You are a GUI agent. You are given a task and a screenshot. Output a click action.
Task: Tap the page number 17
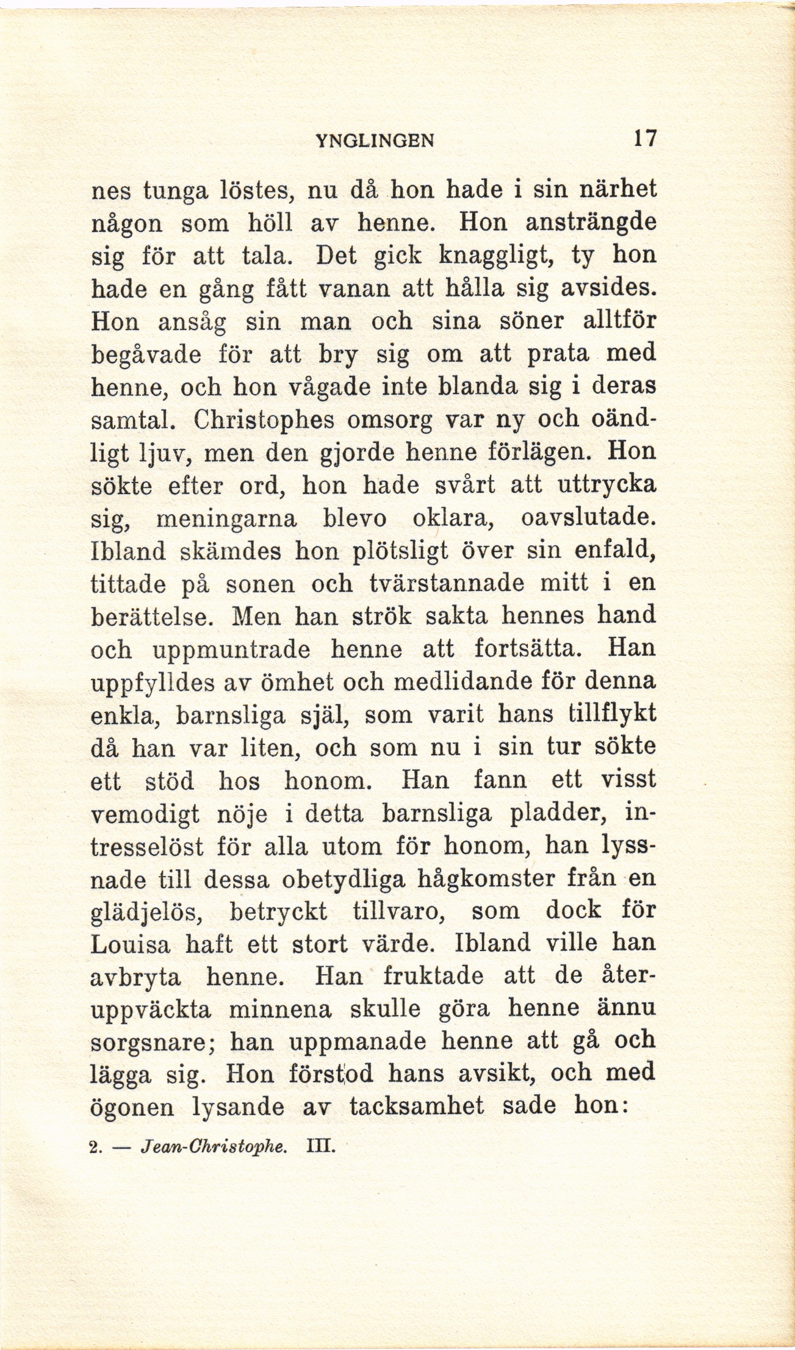pyautogui.click(x=644, y=139)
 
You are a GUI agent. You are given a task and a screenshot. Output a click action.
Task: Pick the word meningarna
pyautogui.click(x=226, y=519)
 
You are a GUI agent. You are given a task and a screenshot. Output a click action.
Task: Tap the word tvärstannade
pyautogui.click(x=447, y=584)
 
